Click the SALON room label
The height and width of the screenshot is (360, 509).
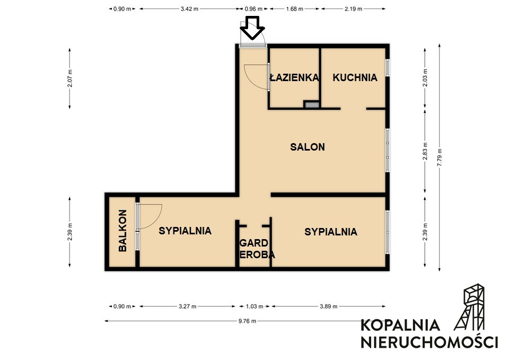tap(308, 147)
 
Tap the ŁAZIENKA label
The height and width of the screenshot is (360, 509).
tap(294, 77)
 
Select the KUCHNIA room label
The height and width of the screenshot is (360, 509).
tap(355, 77)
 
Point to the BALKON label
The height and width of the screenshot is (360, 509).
tap(122, 231)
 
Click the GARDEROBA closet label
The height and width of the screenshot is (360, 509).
tap(257, 249)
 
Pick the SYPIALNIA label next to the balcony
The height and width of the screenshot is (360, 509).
tap(185, 231)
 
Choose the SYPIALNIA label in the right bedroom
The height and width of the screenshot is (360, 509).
tap(331, 232)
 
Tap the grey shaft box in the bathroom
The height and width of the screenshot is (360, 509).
tap(312, 104)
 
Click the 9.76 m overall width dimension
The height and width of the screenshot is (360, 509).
tap(247, 321)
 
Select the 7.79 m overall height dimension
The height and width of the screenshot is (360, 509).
tap(440, 157)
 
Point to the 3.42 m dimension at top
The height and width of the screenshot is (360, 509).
tap(189, 9)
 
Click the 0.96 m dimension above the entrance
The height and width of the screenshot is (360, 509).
tap(253, 9)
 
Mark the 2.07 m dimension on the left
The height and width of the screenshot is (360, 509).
tap(70, 78)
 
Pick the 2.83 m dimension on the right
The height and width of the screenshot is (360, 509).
tap(425, 151)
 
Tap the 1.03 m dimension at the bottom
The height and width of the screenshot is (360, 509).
tap(254, 306)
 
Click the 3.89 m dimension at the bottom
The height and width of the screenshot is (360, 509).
tap(329, 306)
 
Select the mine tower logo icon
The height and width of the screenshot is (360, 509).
tap(469, 307)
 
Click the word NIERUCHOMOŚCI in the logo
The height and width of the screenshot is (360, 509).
tap(429, 343)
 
